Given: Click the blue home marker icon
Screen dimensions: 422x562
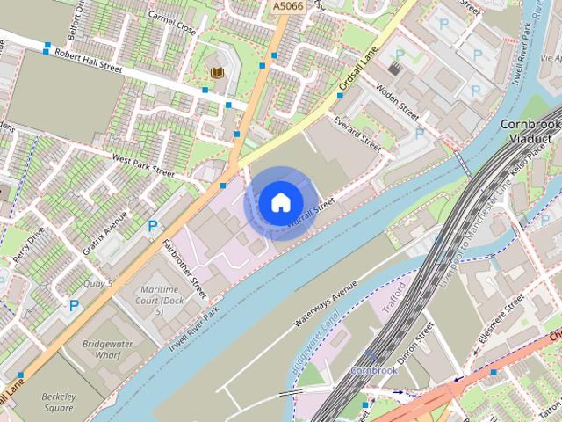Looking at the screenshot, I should (279, 202).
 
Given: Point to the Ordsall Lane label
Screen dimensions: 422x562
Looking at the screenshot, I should (357, 71).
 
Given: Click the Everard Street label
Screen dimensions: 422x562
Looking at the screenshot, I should (358, 134).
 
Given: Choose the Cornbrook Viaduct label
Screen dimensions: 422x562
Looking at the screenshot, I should (530, 132).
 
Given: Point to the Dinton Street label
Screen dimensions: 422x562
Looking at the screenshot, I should (416, 343).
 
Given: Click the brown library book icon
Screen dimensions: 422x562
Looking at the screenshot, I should (216, 72).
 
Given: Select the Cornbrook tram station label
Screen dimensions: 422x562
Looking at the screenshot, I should (374, 370).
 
